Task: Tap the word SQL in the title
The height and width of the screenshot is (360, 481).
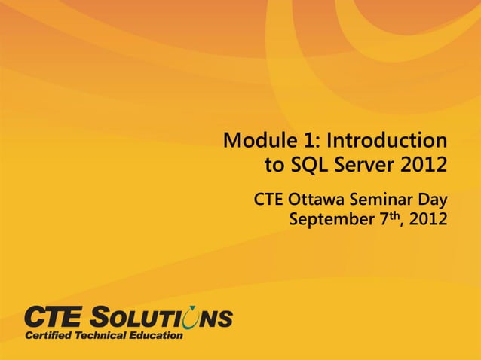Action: pyautogui.click(x=307, y=164)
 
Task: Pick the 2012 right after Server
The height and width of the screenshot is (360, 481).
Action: pyautogui.click(x=423, y=164)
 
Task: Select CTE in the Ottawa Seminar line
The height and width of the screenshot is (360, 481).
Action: pyautogui.click(x=268, y=201)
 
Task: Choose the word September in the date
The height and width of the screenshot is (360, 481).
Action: pyautogui.click(x=329, y=221)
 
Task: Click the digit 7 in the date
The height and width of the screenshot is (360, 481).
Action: pyautogui.click(x=381, y=220)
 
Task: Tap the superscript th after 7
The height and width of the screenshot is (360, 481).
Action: pyautogui.click(x=393, y=216)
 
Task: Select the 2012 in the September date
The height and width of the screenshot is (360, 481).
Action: pyautogui.click(x=427, y=220)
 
